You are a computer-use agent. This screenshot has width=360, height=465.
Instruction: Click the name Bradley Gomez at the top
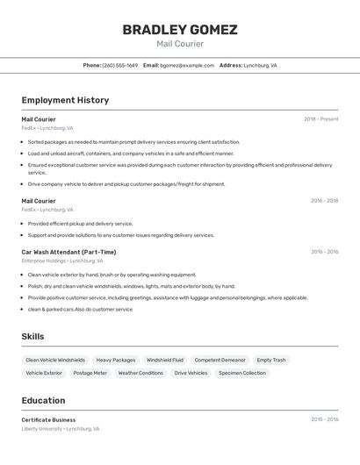pyautogui.click(x=180, y=30)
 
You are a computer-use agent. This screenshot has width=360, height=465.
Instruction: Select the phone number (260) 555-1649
pyautogui.click(x=120, y=65)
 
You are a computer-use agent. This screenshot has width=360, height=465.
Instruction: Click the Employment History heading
pyautogui.click(x=65, y=100)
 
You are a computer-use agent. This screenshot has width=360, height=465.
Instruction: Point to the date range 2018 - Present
pyautogui.click(x=320, y=119)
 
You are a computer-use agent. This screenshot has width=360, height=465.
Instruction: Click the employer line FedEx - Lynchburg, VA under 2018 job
pyautogui.click(x=47, y=128)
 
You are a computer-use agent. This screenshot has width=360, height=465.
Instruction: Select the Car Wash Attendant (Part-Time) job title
pyautogui.click(x=68, y=252)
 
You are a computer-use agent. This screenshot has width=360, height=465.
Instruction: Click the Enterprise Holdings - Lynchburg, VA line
pyautogui.click(x=62, y=261)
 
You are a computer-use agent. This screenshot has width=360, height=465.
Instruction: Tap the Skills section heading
pyautogui.click(x=32, y=336)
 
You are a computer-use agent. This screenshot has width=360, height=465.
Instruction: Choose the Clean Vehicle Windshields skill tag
pyautogui.click(x=55, y=360)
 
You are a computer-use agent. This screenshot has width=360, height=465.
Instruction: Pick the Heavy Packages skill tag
pyautogui.click(x=116, y=360)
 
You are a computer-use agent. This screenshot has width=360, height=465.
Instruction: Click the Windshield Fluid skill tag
pyautogui.click(x=165, y=360)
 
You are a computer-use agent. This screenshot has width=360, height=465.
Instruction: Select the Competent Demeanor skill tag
pyautogui.click(x=220, y=360)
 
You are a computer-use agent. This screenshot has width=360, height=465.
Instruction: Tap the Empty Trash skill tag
pyautogui.click(x=271, y=360)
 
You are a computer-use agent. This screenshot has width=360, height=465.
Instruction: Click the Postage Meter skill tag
pyautogui.click(x=90, y=373)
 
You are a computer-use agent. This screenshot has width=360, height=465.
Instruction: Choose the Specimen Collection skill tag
pyautogui.click(x=242, y=373)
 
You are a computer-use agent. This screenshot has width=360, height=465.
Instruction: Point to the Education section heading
pyautogui.click(x=43, y=400)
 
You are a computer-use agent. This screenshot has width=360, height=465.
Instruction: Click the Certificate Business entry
pyautogui.click(x=48, y=419)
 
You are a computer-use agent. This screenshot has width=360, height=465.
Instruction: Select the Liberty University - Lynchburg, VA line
pyautogui.click(x=61, y=429)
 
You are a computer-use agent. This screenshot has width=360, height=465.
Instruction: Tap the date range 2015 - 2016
pyautogui.click(x=324, y=419)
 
